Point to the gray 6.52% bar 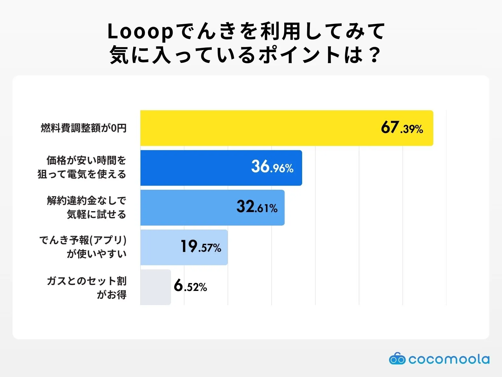[x=155, y=287]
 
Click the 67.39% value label [x=402, y=128]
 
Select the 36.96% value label [x=272, y=167]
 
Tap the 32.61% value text [x=257, y=207]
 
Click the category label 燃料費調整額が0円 [x=83, y=128]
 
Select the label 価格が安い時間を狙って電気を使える [x=82, y=167]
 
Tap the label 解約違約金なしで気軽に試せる [x=87, y=207]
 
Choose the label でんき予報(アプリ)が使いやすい [x=83, y=247]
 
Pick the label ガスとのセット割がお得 [x=87, y=287]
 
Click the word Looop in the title [x=140, y=32]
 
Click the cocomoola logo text [x=449, y=359]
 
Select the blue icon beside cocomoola [x=397, y=359]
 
